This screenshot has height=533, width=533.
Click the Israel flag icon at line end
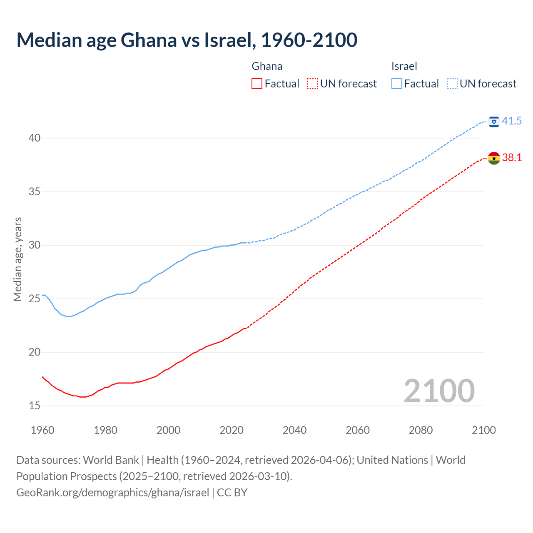tap(494, 121)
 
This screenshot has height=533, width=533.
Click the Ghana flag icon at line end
tap(494, 158)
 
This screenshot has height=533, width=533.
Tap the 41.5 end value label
tap(512, 121)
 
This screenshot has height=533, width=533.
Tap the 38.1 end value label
tap(512, 158)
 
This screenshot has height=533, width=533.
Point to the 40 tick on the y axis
tap(35, 138)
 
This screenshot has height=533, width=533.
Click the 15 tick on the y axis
tap(35, 406)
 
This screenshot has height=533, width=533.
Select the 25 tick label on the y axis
tap(35, 299)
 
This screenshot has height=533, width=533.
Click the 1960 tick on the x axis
tap(42, 430)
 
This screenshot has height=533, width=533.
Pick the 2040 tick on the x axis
tap(294, 430)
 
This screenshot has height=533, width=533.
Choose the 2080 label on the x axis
tap(421, 430)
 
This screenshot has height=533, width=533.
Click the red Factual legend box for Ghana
tap(257, 84)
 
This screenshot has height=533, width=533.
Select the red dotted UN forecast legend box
tap(312, 84)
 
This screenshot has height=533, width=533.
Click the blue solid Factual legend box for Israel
tap(397, 84)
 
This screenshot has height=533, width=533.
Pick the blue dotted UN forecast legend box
tap(452, 84)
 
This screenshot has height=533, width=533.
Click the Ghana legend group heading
tap(267, 66)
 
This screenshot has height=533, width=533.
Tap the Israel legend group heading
tap(404, 66)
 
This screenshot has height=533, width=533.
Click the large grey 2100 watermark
tap(439, 391)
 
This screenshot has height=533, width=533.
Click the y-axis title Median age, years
tap(17, 259)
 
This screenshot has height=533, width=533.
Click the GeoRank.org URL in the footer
tap(112, 493)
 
